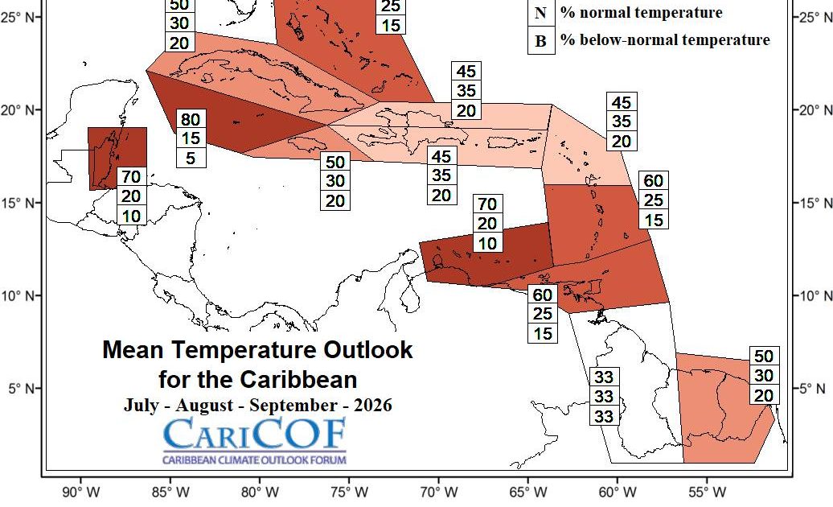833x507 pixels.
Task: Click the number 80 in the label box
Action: (x=191, y=120)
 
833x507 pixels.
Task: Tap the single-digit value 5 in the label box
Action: (x=191, y=158)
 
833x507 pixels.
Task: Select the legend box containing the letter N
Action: (x=540, y=13)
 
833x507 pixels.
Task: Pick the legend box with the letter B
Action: (x=540, y=41)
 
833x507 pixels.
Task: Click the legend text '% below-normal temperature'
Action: (x=665, y=40)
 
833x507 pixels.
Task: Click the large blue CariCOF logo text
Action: (x=255, y=435)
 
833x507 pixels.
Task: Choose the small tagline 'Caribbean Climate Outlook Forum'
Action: (x=254, y=460)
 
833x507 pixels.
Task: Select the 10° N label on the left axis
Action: (x=22, y=295)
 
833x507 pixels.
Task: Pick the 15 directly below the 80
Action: (x=191, y=138)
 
